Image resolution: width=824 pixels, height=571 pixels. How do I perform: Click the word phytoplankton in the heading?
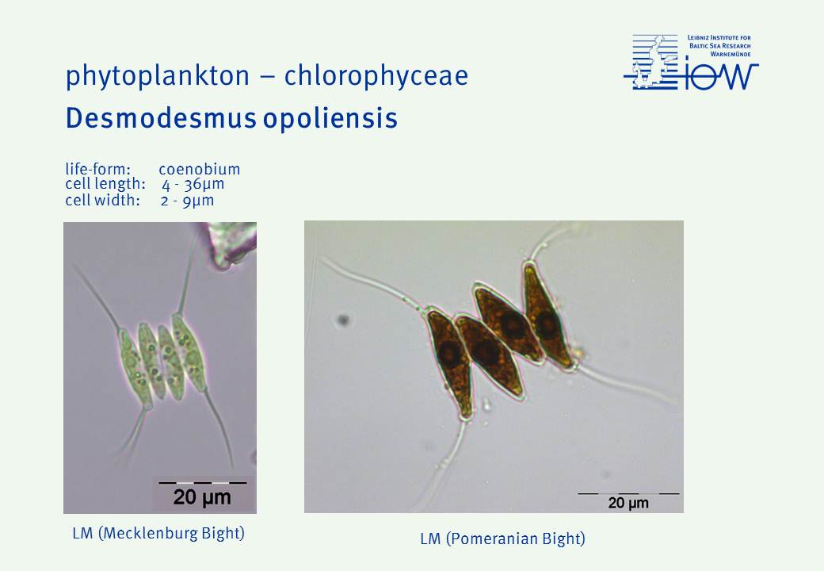[x=158, y=76]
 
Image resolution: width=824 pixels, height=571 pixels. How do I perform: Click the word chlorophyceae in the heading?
[x=376, y=76]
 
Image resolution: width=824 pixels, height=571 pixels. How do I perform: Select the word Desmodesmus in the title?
[x=161, y=118]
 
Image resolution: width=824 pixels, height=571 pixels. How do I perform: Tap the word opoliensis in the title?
[x=330, y=119]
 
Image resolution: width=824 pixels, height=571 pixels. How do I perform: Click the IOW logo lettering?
[x=722, y=77]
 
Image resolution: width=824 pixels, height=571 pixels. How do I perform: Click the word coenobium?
[x=199, y=169]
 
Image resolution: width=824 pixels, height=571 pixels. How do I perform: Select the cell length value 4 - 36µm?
[x=193, y=185]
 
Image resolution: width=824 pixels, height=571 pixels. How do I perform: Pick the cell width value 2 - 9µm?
[x=187, y=201]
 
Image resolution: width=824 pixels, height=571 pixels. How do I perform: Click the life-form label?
[x=97, y=169]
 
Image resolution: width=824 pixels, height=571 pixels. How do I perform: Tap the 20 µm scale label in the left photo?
[x=202, y=497]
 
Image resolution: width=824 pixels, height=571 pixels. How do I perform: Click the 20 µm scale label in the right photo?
[x=628, y=503]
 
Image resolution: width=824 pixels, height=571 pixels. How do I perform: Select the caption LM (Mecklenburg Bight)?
[x=158, y=533]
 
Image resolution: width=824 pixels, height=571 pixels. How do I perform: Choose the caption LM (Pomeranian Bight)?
[x=502, y=539]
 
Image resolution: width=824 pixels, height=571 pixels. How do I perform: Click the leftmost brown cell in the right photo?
[x=448, y=362]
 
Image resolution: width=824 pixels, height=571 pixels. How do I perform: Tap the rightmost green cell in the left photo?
[x=189, y=351]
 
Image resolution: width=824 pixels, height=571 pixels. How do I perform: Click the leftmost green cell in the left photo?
[x=133, y=368]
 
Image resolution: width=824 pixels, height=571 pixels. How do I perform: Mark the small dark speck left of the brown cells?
[x=344, y=319]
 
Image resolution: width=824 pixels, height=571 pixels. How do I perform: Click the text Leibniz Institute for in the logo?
[x=719, y=38]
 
